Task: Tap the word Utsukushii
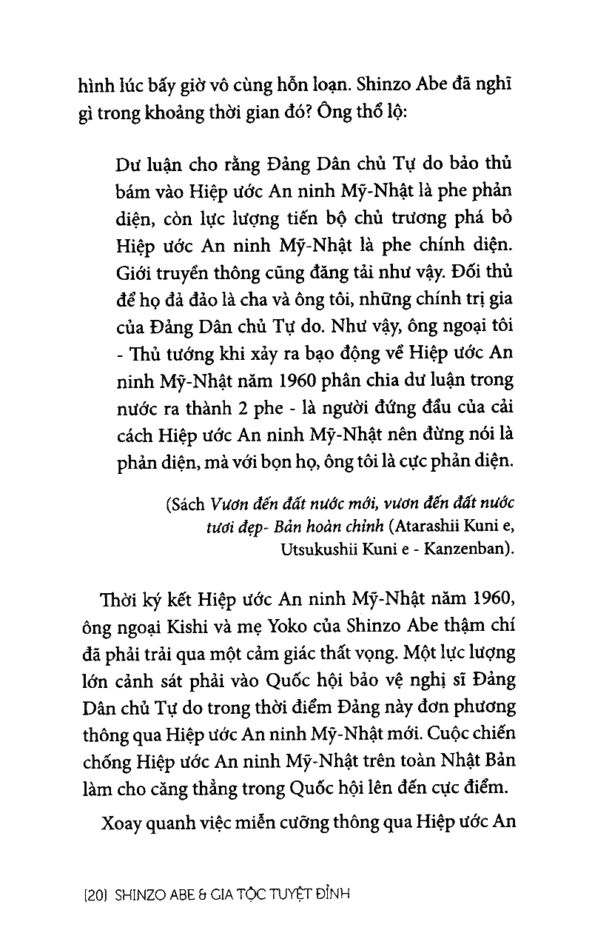(x=317, y=549)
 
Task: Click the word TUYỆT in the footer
(x=272, y=894)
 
